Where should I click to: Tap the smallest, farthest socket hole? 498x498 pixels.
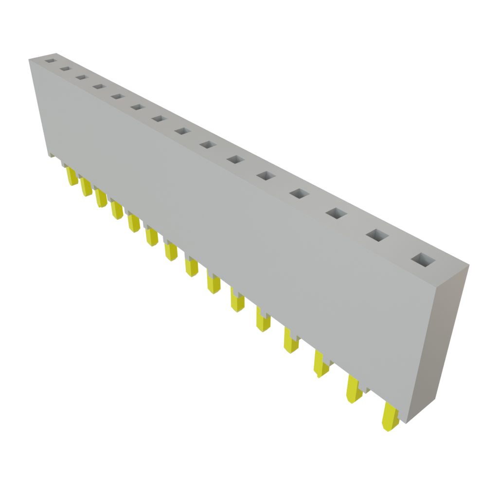pos(51,62)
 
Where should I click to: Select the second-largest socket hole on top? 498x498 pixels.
pos(377,235)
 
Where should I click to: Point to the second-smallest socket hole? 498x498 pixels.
pos(66,69)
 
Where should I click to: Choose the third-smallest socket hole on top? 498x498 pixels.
pos(81,77)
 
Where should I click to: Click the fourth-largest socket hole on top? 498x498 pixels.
pos(300,194)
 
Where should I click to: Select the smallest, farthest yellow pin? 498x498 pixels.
pos(72,176)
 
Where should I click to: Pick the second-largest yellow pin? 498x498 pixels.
pos(354,389)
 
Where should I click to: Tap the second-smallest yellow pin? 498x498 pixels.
pos(86,187)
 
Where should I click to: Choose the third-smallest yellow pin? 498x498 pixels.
pos(101,198)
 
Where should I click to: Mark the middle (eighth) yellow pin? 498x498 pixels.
pos(191,268)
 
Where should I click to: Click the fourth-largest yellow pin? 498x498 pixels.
pos(291,340)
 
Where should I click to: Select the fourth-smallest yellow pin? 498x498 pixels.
pos(117,211)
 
